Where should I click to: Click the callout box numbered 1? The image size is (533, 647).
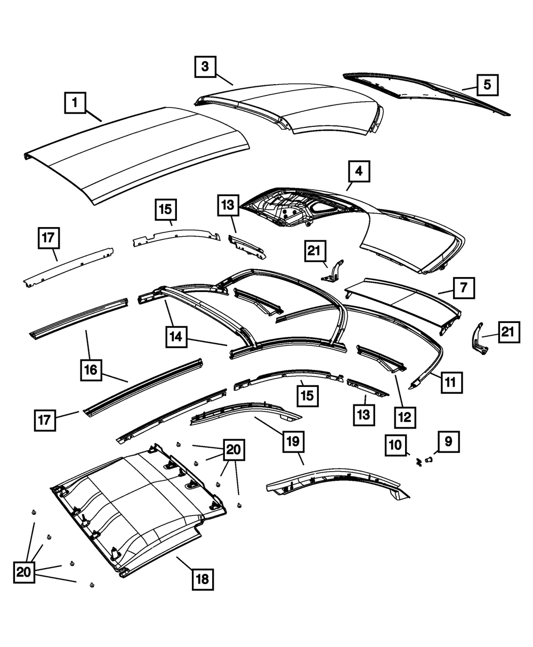(76, 102)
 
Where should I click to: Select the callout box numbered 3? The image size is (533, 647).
(205, 67)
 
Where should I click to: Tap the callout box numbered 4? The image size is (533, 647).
(359, 172)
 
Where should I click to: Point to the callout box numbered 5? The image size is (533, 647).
(487, 85)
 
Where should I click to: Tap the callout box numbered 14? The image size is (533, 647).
(176, 337)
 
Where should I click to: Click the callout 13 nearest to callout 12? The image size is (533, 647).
(363, 414)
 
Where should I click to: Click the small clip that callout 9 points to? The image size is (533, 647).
(429, 458)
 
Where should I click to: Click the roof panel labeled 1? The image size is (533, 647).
(139, 155)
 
